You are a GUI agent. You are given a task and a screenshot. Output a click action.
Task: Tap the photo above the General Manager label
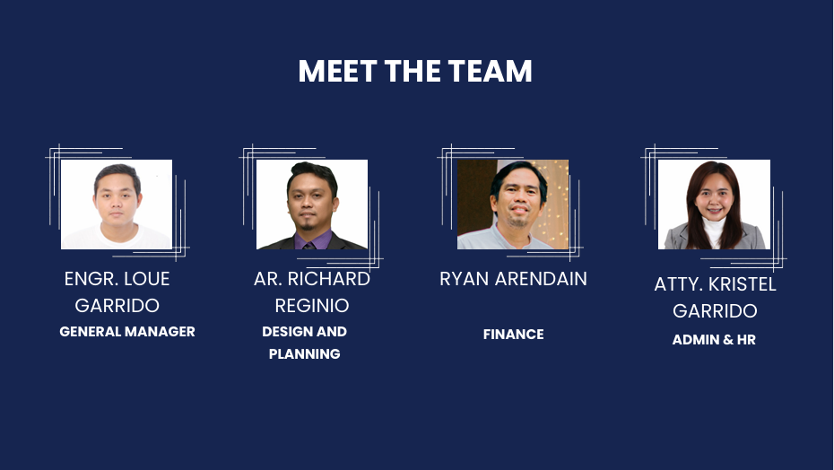(x=117, y=205)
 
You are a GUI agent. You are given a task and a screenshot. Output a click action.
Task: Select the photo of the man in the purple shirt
(x=312, y=205)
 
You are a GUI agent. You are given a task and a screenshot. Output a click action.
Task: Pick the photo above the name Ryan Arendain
(x=513, y=205)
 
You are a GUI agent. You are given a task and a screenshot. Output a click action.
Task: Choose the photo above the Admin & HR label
(x=714, y=205)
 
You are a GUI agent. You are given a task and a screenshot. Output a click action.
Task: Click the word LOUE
(x=147, y=279)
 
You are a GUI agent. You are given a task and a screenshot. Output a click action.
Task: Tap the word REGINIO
(x=312, y=306)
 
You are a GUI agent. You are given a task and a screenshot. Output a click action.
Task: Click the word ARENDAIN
(x=541, y=279)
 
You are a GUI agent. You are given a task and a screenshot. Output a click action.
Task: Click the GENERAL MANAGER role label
(x=127, y=332)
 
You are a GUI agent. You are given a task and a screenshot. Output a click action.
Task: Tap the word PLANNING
(x=304, y=354)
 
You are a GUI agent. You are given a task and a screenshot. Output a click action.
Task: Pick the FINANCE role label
(x=513, y=335)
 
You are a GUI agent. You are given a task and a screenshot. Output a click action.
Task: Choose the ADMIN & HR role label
(x=714, y=340)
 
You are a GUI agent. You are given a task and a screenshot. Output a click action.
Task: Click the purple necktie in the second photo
(x=309, y=246)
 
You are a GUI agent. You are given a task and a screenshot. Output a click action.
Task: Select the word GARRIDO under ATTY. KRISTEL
(x=715, y=311)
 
